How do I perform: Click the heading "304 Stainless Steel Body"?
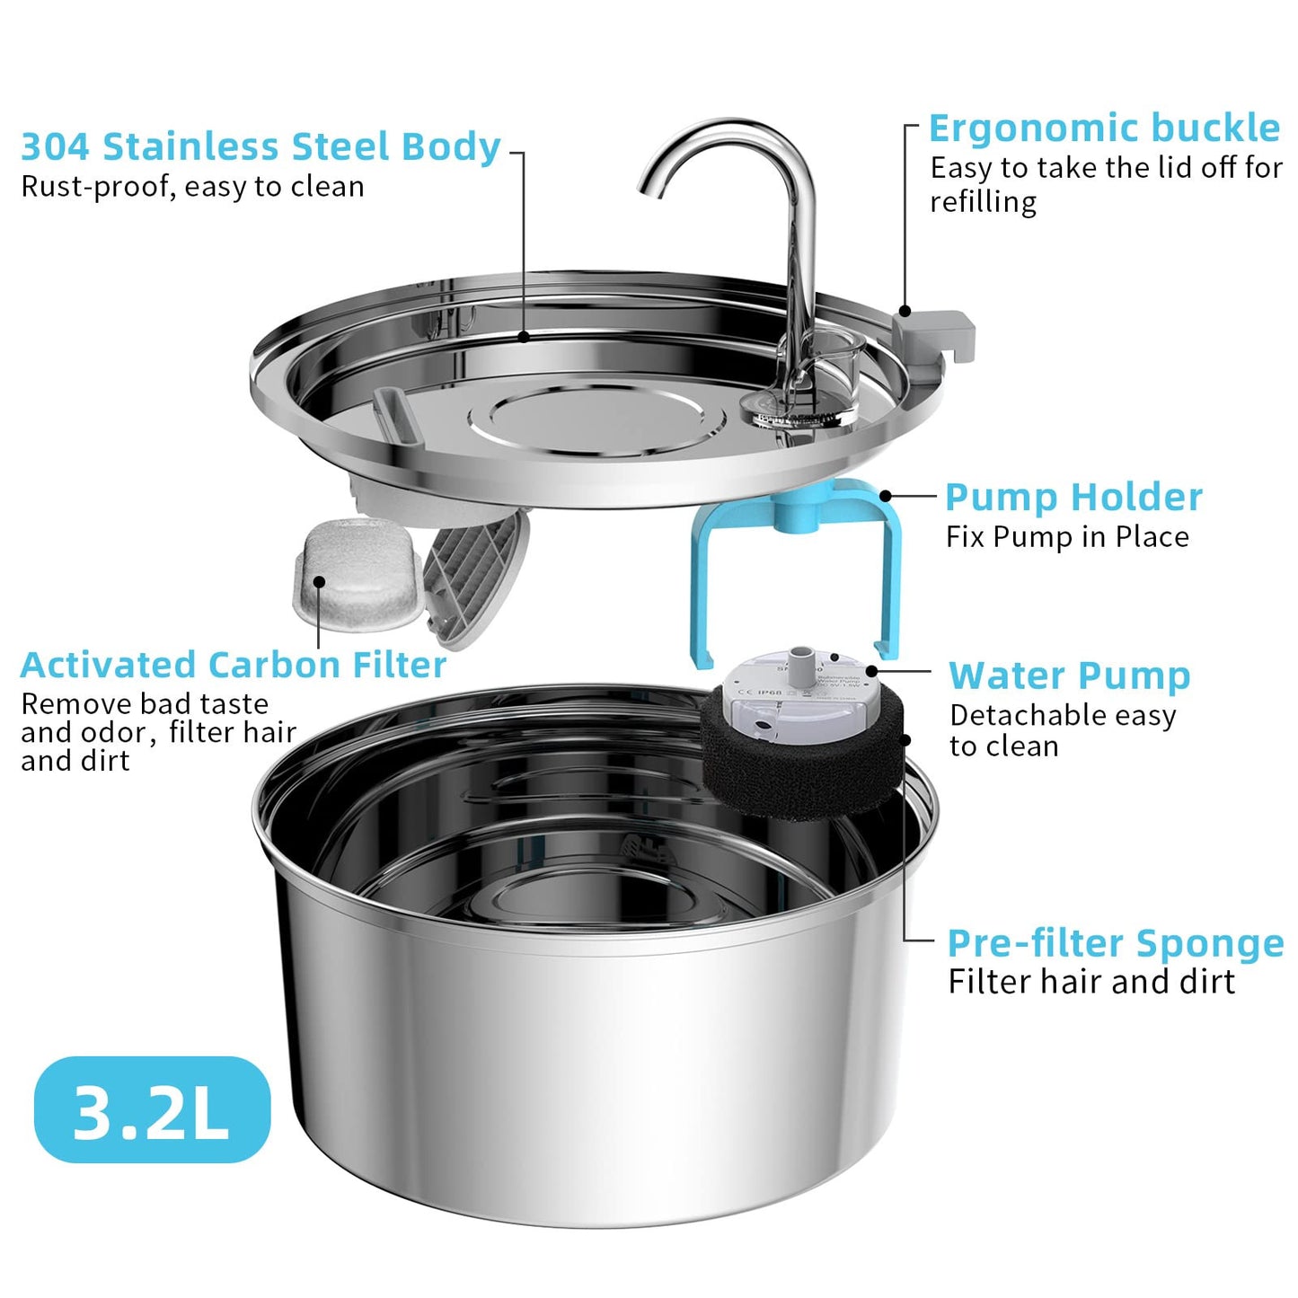coord(260,147)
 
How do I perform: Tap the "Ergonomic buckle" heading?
coord(1104,128)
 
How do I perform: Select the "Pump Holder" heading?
coord(1073,497)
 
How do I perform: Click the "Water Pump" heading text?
coord(1069,675)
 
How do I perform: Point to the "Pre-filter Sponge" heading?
coord(1116,943)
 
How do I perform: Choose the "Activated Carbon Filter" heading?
coord(234,666)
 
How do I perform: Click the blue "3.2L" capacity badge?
coord(152,1110)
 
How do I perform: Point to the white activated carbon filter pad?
coord(357,575)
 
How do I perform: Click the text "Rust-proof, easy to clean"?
coord(192,187)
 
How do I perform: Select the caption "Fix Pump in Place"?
coord(1067,537)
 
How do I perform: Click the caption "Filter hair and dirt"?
coord(1091,982)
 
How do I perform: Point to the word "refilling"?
coord(983,202)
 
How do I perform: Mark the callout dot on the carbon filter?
coord(319,582)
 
